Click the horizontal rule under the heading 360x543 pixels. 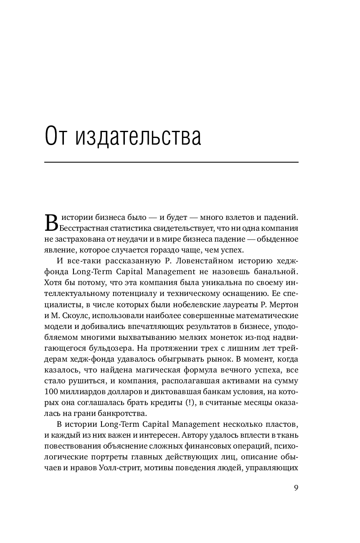[x=171, y=162]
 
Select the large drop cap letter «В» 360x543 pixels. [x=50, y=222]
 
